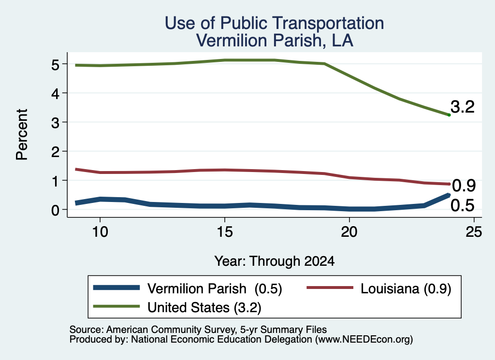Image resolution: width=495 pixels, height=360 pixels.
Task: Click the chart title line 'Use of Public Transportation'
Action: [275, 23]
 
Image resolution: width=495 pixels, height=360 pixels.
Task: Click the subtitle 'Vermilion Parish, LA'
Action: [275, 41]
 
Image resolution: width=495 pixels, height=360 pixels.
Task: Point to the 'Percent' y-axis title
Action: [22, 134]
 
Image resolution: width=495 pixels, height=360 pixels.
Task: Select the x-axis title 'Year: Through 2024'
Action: [275, 261]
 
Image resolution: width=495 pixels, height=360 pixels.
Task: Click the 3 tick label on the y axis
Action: [55, 122]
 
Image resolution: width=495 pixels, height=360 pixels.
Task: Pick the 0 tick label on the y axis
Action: [55, 210]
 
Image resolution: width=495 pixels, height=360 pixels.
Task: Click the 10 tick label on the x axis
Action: [100, 232]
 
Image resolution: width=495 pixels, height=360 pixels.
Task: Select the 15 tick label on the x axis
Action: [225, 232]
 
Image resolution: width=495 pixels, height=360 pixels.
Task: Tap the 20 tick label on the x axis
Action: [349, 232]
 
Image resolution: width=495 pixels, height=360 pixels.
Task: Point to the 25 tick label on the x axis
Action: [474, 232]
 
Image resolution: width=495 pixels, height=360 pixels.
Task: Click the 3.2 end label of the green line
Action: [463, 107]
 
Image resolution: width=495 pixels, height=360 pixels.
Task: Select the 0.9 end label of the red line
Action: [464, 186]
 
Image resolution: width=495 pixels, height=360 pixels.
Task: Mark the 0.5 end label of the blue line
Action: [463, 205]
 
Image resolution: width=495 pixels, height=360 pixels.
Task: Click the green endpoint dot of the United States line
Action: [449, 115]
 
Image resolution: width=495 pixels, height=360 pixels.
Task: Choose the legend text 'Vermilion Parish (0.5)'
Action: [215, 288]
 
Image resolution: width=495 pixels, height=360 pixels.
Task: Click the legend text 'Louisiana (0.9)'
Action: [406, 288]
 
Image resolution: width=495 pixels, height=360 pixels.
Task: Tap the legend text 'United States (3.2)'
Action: [204, 308]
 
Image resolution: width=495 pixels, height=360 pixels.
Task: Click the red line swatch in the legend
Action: [330, 288]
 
